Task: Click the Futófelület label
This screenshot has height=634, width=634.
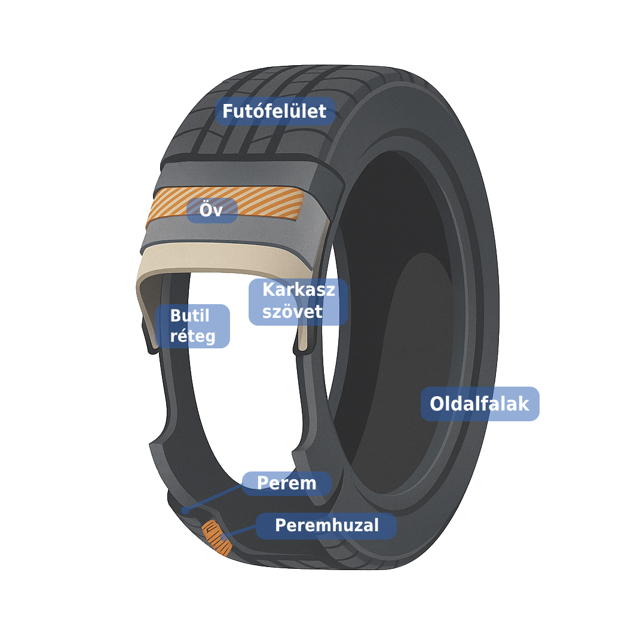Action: pos(275,111)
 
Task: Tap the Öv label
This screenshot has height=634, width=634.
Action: pos(212,210)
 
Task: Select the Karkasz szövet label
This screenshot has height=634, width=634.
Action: pos(298,302)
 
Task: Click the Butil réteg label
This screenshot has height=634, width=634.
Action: pos(192,326)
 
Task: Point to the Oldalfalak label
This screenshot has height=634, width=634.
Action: pos(480,404)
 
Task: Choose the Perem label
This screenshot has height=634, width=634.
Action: pos(287,483)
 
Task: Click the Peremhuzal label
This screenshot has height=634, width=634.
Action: pos(326,526)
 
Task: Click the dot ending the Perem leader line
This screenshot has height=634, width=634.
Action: pos(185,510)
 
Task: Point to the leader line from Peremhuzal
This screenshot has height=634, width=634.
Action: pos(240,531)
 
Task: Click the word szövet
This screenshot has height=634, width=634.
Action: pos(292,312)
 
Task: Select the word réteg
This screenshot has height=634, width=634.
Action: pos(192,336)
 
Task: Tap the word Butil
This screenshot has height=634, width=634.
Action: pos(189,316)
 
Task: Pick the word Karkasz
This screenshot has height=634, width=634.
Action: pos(299,290)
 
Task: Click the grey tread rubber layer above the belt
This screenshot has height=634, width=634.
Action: pos(243,174)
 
